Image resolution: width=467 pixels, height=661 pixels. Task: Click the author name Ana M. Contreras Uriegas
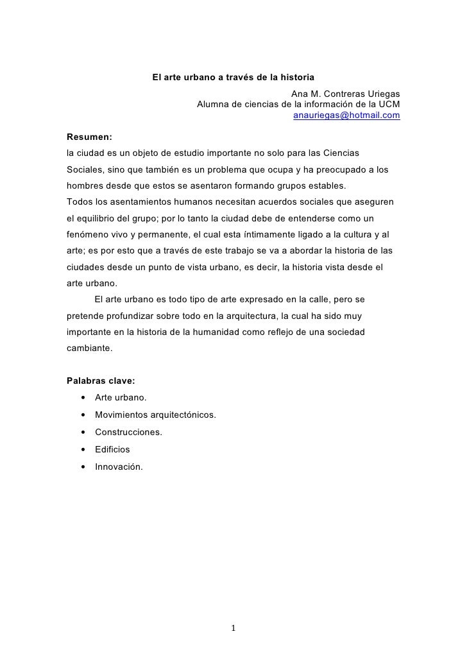point(345,94)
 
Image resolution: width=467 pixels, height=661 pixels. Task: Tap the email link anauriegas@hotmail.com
point(346,116)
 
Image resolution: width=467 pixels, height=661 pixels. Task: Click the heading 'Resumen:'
point(90,137)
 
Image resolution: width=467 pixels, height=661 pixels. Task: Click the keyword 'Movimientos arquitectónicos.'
point(155,415)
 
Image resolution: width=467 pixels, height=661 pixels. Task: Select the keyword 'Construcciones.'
point(128,432)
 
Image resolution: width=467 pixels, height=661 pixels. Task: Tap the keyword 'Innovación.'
point(119,467)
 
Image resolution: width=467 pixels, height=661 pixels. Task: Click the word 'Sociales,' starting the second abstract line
point(86,171)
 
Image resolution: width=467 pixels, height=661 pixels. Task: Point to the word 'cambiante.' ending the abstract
point(89,350)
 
